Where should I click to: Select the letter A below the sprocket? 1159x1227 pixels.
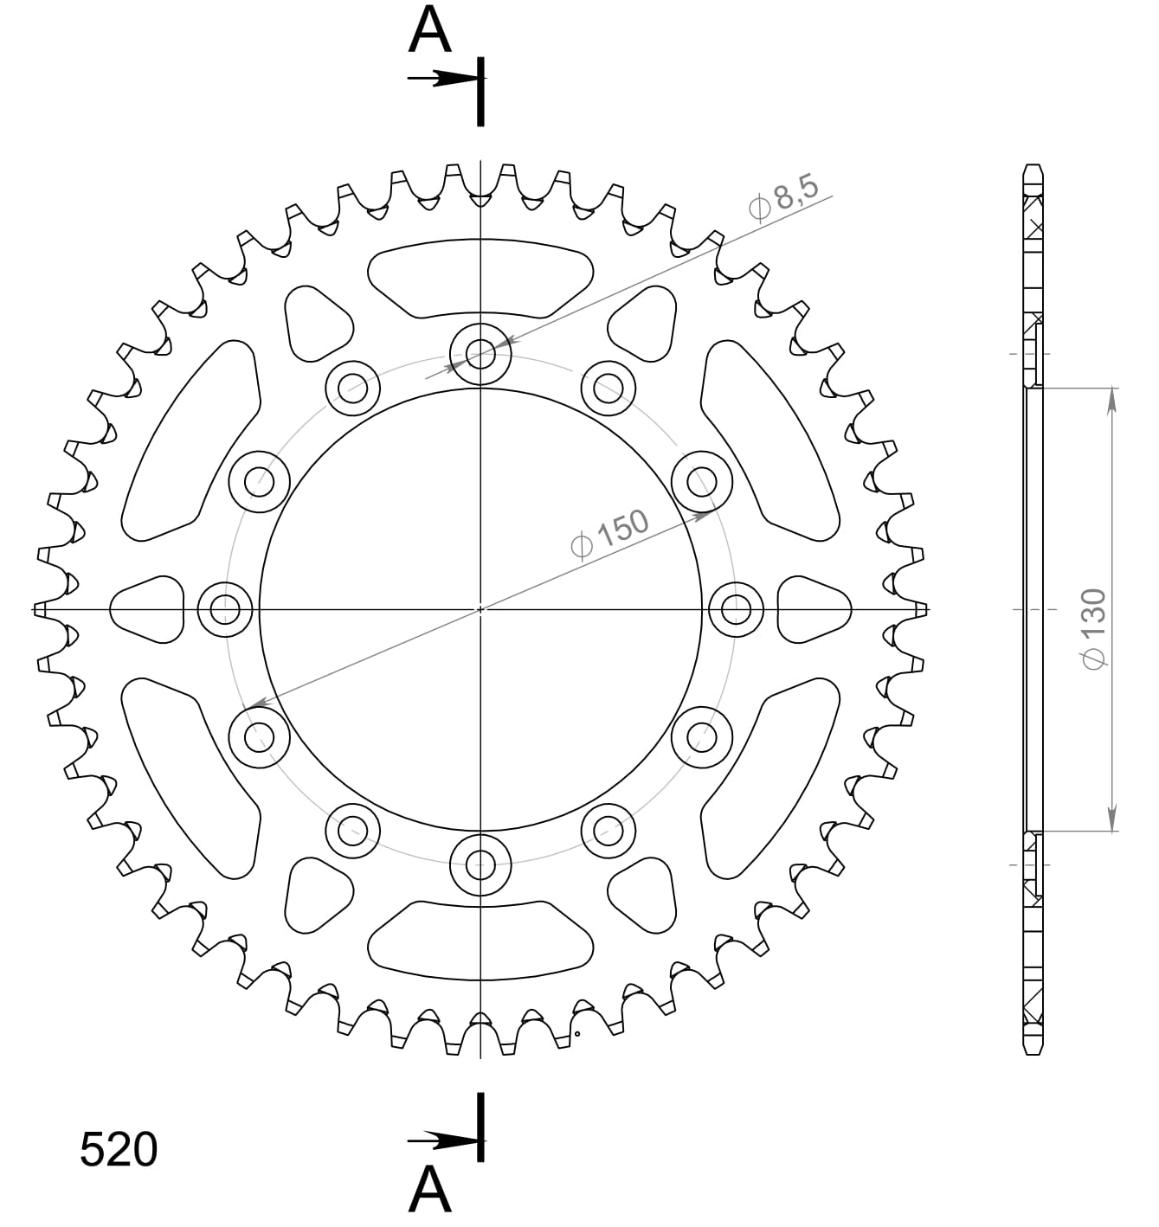[x=430, y=1191]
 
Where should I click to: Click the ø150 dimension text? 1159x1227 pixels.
[x=609, y=534]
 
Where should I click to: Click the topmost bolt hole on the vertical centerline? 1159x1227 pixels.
[x=480, y=353]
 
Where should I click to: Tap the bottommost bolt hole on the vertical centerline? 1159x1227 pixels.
[x=480, y=864]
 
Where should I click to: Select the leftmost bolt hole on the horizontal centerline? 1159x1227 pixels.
[x=225, y=609]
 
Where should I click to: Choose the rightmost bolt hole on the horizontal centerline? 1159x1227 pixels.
[x=736, y=609]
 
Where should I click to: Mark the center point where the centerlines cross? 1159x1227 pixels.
[x=480, y=609]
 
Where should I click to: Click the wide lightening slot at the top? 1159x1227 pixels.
[x=480, y=277]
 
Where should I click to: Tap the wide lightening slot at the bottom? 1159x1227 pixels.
[x=480, y=941]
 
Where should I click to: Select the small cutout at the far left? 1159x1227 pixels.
[x=148, y=610]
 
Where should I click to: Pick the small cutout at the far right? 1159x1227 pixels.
[x=815, y=610]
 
